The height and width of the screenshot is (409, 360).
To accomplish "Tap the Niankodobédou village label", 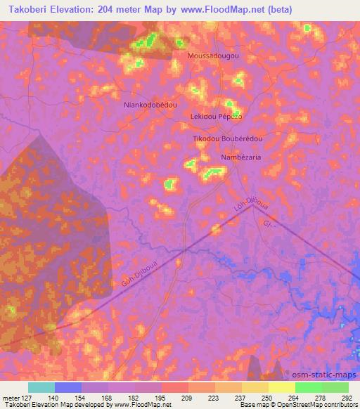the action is [150, 104].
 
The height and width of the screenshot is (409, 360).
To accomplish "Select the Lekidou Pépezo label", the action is [216, 116].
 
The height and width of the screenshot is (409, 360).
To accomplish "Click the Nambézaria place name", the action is [241, 157].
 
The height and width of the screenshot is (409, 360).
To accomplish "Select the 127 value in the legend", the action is [27, 397].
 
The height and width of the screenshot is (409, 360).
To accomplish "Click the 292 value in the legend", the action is [346, 397].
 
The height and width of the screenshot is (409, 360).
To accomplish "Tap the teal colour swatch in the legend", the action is [41, 387].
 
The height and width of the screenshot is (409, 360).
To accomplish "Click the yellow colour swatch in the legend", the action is [282, 387].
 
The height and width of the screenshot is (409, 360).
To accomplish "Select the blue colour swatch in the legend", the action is [69, 387].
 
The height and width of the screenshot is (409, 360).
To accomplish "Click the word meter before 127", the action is [9, 397].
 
